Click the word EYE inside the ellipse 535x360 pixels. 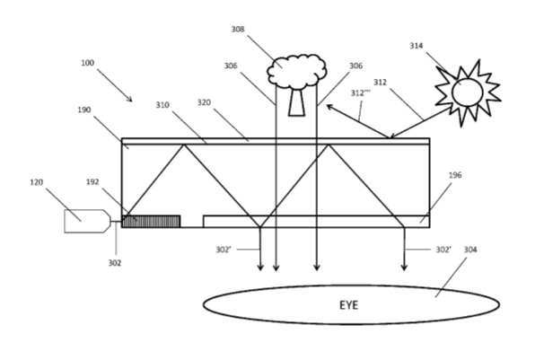pos(348,305)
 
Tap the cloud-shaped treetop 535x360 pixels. pos(297,71)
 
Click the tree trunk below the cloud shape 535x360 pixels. pos(296,102)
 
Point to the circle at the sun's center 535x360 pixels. pos(468,92)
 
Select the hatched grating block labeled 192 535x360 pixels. pos(151,221)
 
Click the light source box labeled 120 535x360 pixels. pos(87,221)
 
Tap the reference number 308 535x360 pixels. pos(238,30)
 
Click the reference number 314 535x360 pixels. pos(417,46)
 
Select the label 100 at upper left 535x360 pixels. pos(87,63)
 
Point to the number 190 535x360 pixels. pos(84,110)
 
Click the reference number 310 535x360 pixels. pos(162,105)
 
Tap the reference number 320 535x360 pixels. pos(204,102)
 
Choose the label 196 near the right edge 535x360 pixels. pos(455,175)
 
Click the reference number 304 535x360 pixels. pos(470,250)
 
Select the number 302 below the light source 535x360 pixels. pos(115,263)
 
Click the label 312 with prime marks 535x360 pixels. pos(360,92)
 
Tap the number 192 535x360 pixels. pos(92,182)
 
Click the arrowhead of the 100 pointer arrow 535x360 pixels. pos(129,100)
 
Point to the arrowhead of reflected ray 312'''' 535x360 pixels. pos(329,107)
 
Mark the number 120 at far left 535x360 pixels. pos(37,182)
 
